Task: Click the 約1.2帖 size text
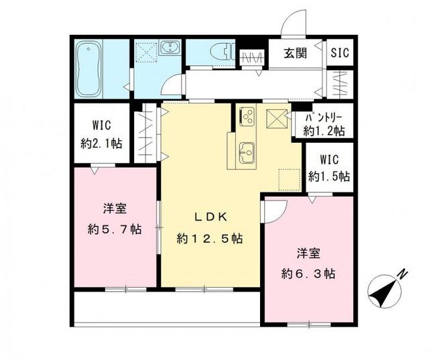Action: (324, 131)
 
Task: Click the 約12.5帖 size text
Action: (210, 239)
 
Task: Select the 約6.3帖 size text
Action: (308, 274)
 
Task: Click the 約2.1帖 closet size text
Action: (98, 142)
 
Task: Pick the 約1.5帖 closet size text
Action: (328, 176)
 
